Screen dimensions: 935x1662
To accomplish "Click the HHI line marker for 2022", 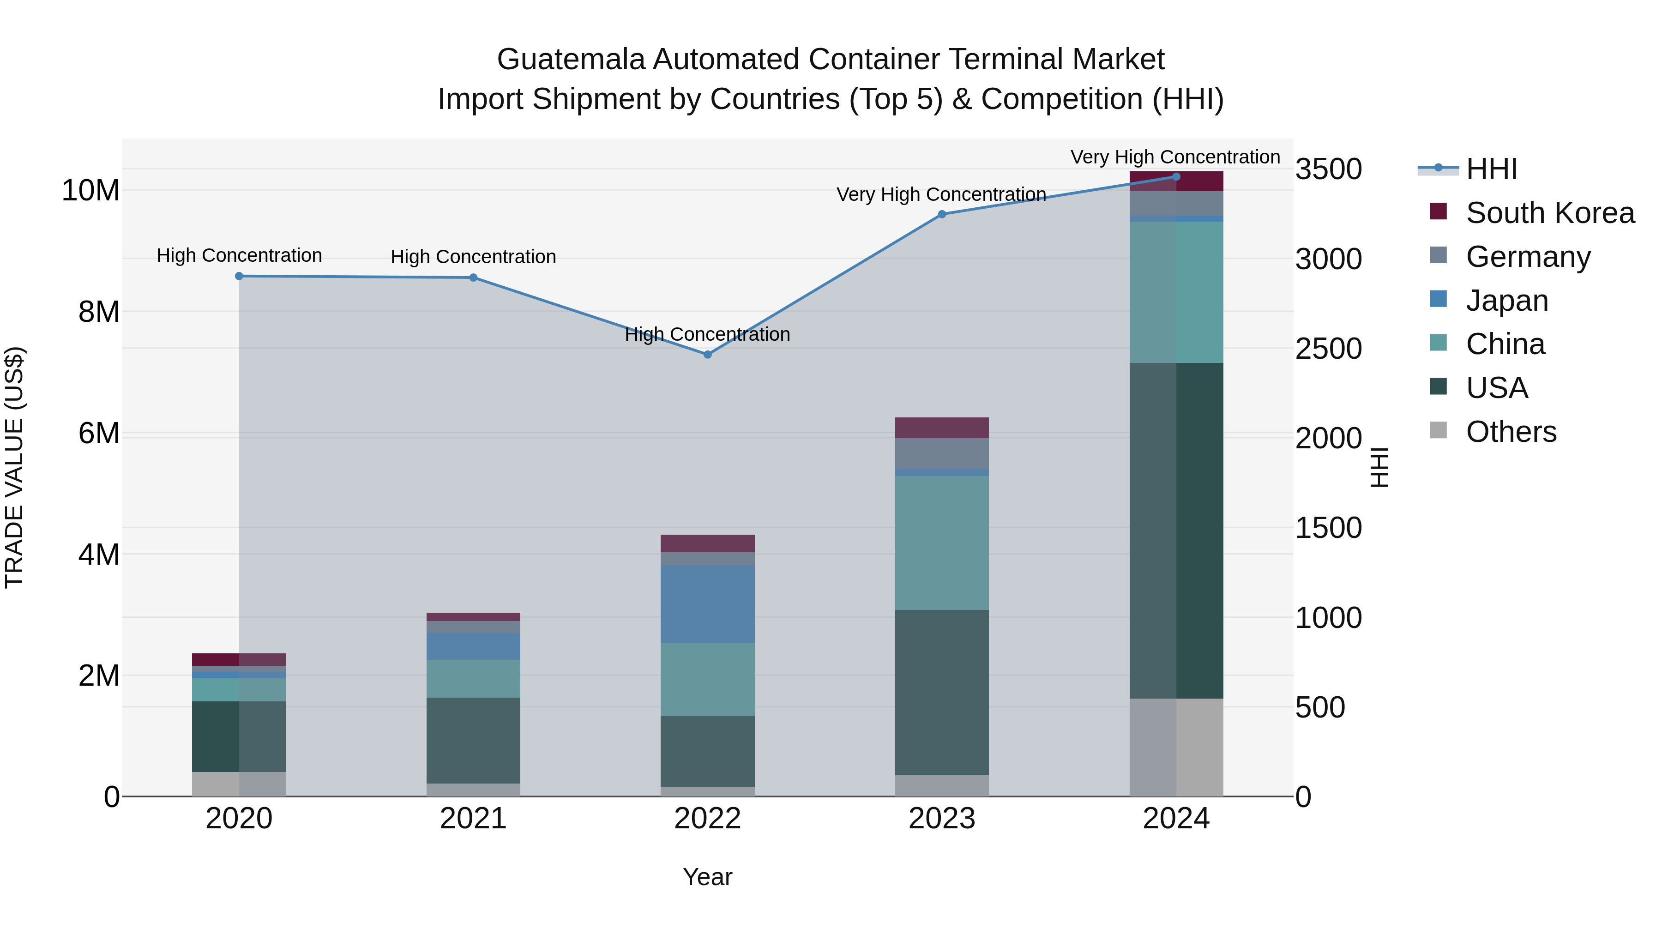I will (x=707, y=354).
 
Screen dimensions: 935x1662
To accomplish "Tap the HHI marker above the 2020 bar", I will (x=239, y=276).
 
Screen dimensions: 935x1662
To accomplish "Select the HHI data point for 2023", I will (x=941, y=214).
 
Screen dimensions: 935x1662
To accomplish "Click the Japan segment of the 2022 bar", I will (x=707, y=604).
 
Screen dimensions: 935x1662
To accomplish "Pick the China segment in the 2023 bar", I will (x=941, y=543).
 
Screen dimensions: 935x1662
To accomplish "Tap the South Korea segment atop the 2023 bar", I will (x=941, y=428).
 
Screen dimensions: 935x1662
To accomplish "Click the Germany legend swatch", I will (x=1438, y=255).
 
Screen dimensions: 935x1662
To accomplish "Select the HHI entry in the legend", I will (x=1491, y=169).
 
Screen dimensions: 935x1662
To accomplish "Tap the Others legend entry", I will (x=1511, y=432).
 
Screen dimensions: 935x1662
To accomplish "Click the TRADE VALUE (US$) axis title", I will (x=14, y=467).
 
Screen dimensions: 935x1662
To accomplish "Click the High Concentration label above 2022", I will (x=707, y=334).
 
